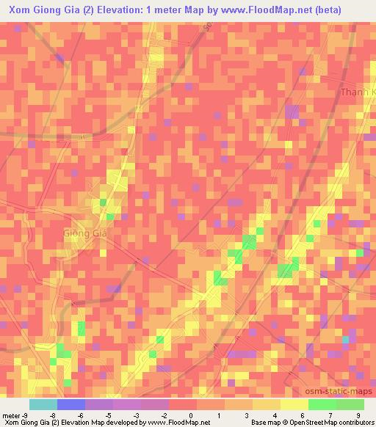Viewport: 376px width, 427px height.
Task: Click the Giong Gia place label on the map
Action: (x=86, y=233)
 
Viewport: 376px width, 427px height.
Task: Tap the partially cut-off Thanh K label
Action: (x=358, y=93)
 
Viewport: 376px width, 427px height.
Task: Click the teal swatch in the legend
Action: (x=43, y=404)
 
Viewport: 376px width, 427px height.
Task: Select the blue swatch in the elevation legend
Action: (x=71, y=404)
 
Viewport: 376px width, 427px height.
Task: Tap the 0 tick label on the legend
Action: (x=190, y=415)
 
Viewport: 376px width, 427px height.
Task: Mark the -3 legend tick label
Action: (x=135, y=415)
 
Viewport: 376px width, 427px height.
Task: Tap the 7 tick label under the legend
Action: (x=324, y=415)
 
